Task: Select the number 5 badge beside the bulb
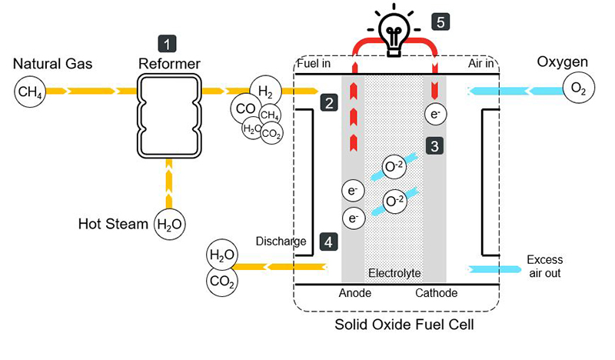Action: pos(440,22)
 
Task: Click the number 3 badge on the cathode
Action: pos(434,145)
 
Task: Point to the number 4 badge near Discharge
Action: pos(328,242)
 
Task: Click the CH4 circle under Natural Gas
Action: pos(29,93)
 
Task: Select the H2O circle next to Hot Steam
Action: pos(169,225)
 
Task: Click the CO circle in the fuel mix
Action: pos(244,108)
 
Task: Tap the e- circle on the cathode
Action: pos(435,115)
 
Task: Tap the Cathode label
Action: pos(436,293)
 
